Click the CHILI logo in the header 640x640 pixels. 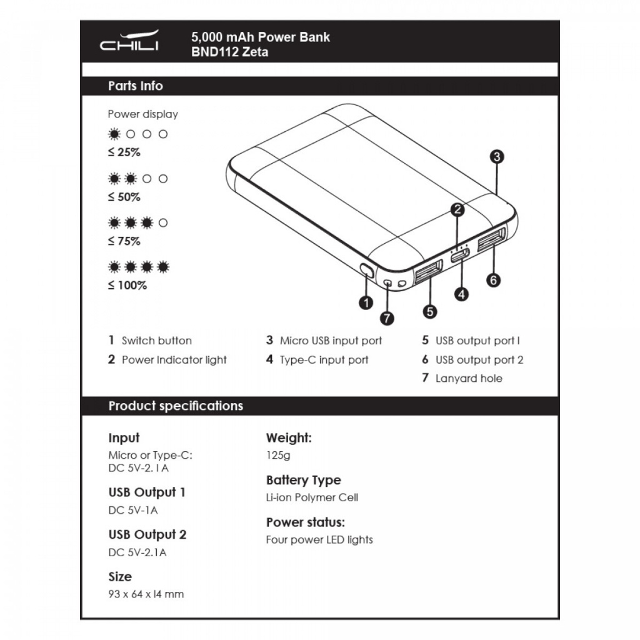(x=129, y=42)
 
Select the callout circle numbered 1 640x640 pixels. (x=366, y=302)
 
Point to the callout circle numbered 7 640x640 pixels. (x=387, y=318)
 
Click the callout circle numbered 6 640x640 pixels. (x=494, y=280)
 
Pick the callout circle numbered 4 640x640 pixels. (x=461, y=294)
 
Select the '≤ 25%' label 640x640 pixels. (x=124, y=152)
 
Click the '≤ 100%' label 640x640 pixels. (x=127, y=286)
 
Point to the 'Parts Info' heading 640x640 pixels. (x=135, y=86)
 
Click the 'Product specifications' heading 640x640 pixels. (x=176, y=406)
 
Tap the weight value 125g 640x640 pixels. (x=278, y=456)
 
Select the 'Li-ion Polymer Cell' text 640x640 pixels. (x=312, y=497)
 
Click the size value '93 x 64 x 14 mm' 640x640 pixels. (x=146, y=594)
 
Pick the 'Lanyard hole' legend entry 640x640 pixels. (x=468, y=378)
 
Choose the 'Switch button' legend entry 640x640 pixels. (x=156, y=341)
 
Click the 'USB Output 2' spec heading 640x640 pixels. (x=147, y=534)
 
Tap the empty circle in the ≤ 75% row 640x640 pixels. (x=163, y=222)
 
